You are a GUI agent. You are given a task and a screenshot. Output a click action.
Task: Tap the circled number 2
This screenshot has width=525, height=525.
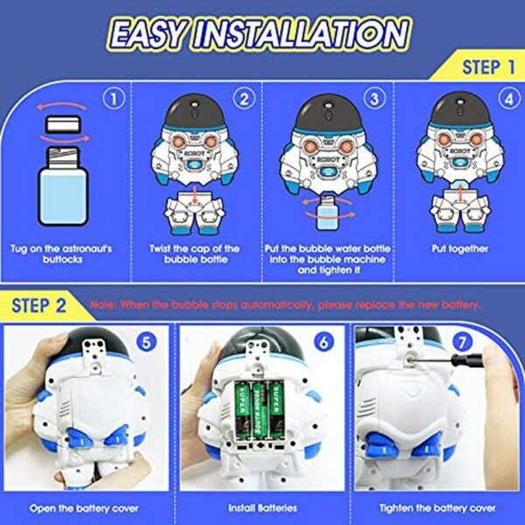coord(246,99)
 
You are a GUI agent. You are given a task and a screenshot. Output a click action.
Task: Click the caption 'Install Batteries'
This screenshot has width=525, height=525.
coord(263,507)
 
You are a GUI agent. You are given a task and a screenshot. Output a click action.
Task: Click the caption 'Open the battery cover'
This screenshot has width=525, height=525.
coord(87,507)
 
